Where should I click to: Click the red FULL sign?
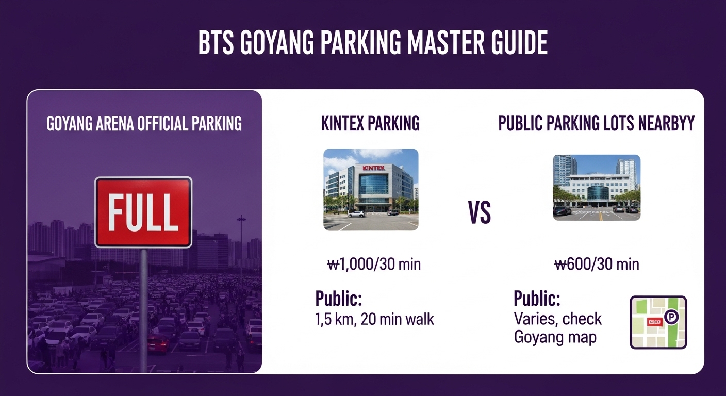[143, 212]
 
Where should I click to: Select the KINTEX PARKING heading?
[370, 124]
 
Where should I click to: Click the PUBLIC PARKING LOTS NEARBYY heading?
[597, 124]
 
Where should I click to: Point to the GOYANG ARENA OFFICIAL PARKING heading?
[144, 124]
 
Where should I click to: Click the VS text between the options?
[480, 213]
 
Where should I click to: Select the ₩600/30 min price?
[597, 265]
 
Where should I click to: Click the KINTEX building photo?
[371, 189]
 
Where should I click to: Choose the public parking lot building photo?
[597, 187]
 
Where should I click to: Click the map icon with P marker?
[658, 322]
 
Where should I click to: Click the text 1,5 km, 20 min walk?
[374, 319]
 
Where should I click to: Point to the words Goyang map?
[555, 338]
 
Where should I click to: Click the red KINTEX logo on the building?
[374, 168]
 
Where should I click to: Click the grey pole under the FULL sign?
[143, 309]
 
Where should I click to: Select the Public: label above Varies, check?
[537, 299]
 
